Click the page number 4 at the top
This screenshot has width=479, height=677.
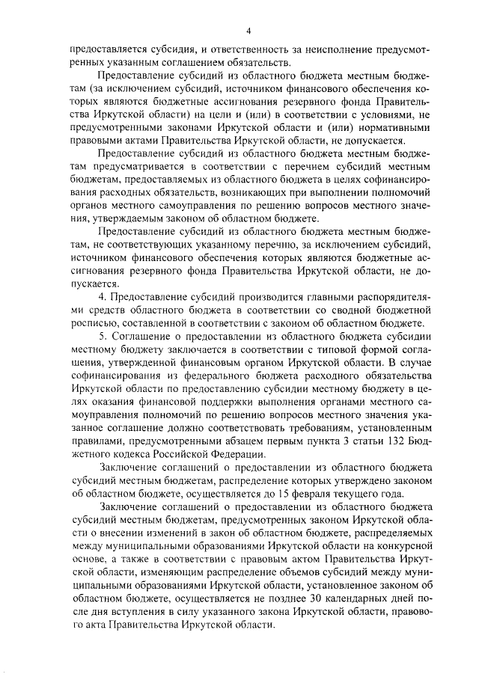click(x=250, y=31)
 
